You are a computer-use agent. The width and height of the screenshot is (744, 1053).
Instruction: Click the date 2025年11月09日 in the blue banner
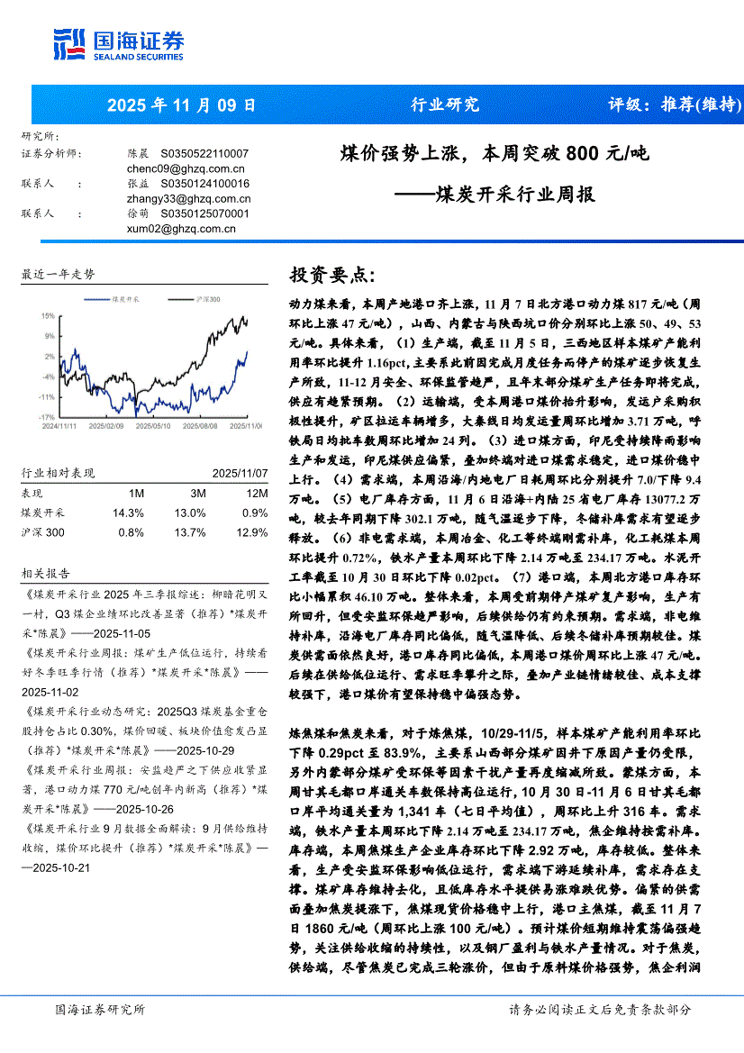coord(181,104)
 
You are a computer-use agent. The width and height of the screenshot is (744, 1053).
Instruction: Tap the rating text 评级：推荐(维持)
coord(675,104)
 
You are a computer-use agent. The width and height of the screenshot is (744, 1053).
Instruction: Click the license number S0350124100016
coord(204,184)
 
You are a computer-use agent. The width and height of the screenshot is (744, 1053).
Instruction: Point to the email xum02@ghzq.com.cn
coord(181,229)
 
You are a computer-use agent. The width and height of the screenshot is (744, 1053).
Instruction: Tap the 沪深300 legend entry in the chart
coord(206,298)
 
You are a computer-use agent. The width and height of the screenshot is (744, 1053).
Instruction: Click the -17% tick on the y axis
coord(47,417)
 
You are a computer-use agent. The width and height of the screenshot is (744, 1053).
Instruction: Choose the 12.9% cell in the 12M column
coord(256,532)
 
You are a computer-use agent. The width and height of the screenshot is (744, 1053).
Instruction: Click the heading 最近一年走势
coord(59,274)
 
